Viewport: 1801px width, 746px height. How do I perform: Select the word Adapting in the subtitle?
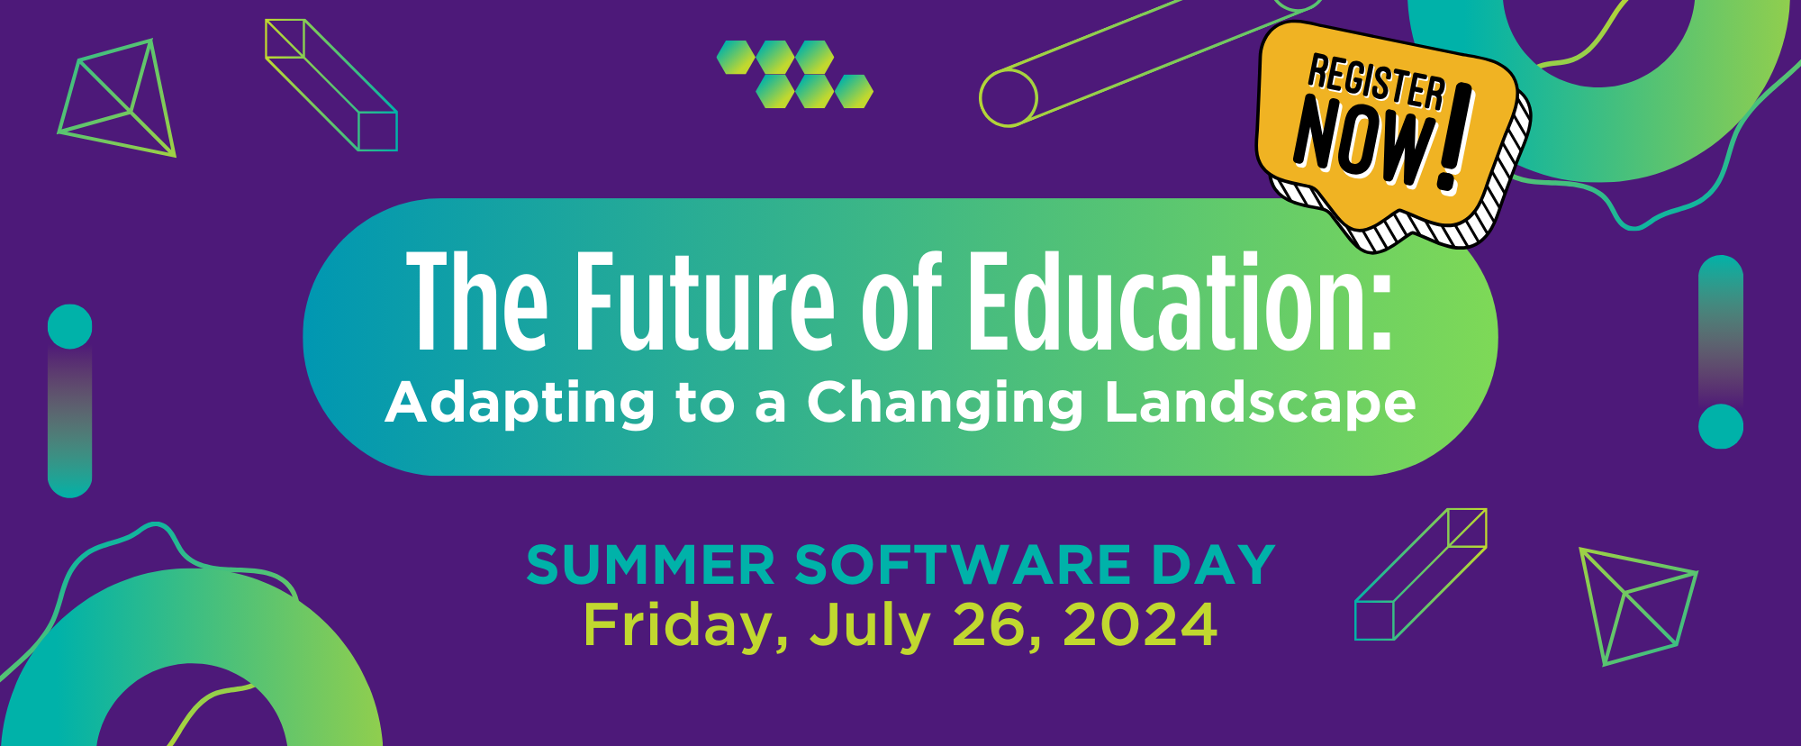[x=520, y=403]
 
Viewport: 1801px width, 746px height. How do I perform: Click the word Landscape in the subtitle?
[x=1261, y=403]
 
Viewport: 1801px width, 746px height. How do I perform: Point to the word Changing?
[x=945, y=403]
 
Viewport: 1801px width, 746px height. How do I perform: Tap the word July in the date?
[x=870, y=625]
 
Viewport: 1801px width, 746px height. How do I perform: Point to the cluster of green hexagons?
[x=795, y=74]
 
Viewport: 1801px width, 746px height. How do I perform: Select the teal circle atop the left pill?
[x=70, y=326]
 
